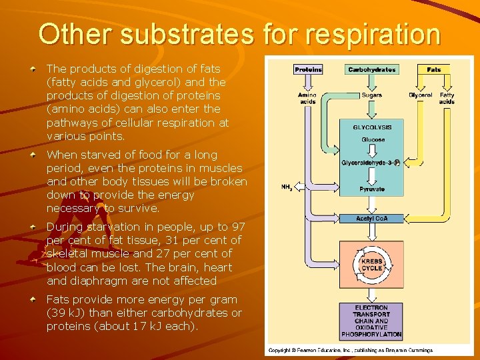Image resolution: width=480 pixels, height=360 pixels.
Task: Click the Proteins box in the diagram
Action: point(308,69)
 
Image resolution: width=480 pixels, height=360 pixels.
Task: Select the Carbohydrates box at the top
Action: point(371,69)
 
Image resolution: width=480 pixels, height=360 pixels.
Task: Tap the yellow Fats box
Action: point(434,69)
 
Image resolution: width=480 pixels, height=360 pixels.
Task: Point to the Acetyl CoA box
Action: point(372,219)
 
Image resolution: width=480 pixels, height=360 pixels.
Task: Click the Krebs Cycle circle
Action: point(372,264)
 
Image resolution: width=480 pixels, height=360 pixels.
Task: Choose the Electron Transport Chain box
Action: point(372,321)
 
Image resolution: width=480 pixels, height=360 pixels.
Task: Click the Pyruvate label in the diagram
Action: point(372,189)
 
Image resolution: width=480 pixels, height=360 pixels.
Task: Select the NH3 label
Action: point(287,187)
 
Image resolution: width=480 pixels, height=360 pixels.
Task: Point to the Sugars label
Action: point(372,95)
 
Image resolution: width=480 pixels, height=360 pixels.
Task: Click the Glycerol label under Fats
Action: point(421,95)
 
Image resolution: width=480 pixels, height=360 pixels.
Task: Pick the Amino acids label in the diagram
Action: point(307,99)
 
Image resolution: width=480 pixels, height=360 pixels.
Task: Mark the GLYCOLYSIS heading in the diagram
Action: point(372,127)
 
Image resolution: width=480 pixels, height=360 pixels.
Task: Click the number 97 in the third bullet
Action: point(238,227)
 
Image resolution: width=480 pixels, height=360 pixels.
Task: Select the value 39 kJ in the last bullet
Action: point(65,313)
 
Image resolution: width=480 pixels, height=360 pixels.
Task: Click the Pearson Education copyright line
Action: point(351,350)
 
